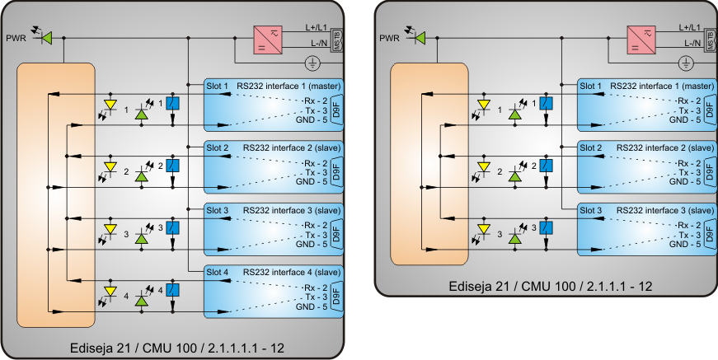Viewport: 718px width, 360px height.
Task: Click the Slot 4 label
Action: (218, 272)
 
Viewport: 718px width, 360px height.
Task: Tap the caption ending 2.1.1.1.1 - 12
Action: (179, 348)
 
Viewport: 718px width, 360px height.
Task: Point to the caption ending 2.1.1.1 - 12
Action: (551, 286)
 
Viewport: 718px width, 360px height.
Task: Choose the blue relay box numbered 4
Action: (172, 290)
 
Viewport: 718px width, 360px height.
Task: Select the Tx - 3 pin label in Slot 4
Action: (316, 297)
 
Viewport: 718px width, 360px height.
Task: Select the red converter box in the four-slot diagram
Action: (268, 40)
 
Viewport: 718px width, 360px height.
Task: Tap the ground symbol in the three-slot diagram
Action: (685, 63)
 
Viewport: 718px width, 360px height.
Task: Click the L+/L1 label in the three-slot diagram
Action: (690, 27)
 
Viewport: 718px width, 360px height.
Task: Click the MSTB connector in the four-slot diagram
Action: (337, 40)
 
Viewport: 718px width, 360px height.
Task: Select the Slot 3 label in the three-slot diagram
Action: (590, 209)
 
